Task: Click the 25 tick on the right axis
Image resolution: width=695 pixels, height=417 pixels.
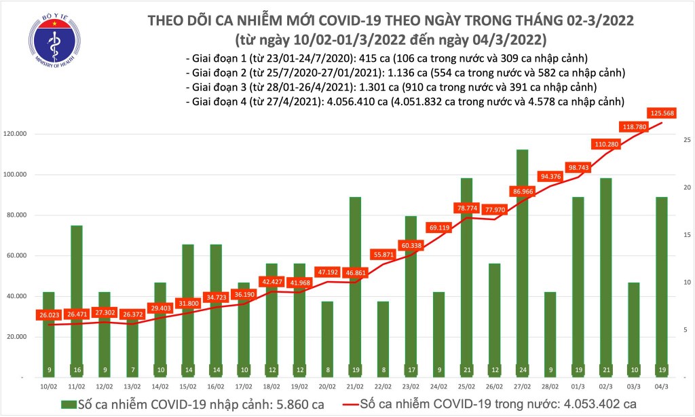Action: (x=687, y=140)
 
